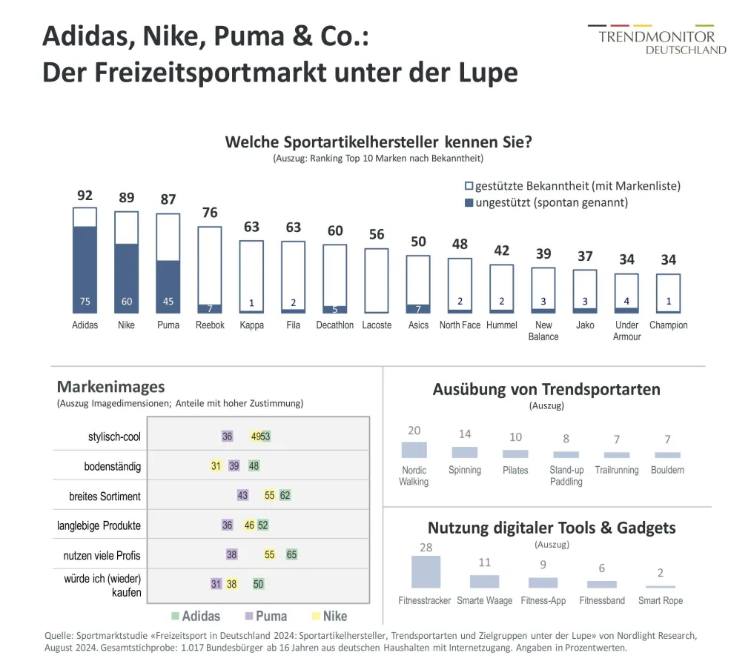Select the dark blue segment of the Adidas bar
tap(85, 267)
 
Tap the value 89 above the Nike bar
tap(126, 197)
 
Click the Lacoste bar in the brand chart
tap(377, 280)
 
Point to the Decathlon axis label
tap(335, 325)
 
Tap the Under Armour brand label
tap(626, 331)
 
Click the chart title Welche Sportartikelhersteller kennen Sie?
tap(378, 142)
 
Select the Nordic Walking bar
tap(414, 449)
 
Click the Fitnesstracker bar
tap(426, 571)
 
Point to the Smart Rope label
tap(660, 600)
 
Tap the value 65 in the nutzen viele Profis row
tap(291, 554)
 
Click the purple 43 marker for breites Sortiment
tap(242, 495)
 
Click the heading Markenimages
tap(110, 387)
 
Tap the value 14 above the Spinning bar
tap(465, 434)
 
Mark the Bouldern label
tap(667, 470)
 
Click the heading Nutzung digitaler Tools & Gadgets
tap(552, 528)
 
